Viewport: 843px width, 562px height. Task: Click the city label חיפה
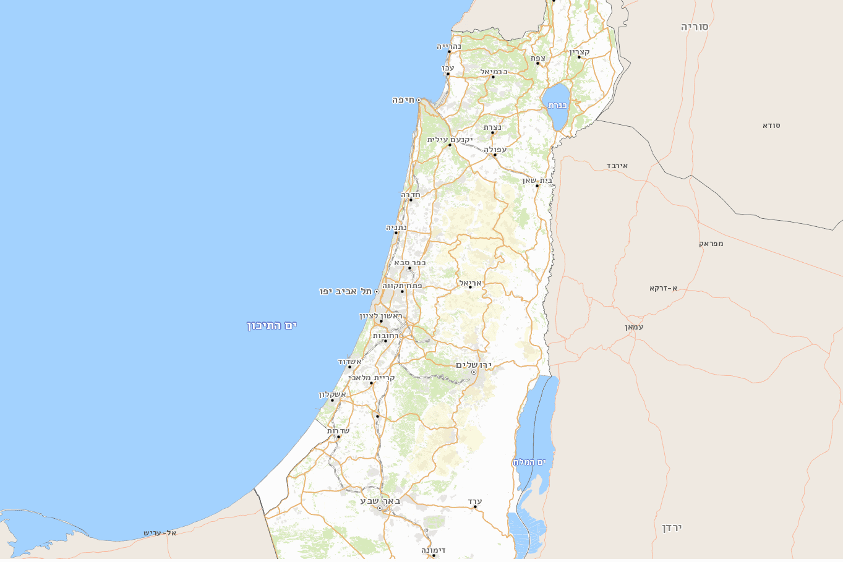(x=403, y=100)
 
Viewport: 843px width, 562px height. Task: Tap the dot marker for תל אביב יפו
(x=377, y=292)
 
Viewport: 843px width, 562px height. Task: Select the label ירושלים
(x=473, y=365)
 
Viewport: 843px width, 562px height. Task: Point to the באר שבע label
(x=380, y=501)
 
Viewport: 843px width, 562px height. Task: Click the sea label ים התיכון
(x=272, y=325)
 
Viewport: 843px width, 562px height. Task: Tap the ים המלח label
(x=529, y=462)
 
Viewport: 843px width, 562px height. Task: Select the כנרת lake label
(x=557, y=106)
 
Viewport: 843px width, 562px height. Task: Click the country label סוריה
(x=695, y=27)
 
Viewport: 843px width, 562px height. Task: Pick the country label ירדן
(x=672, y=527)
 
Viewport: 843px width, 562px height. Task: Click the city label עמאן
(x=634, y=326)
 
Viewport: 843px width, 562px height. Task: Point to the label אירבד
(x=617, y=166)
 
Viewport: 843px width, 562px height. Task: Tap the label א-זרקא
(x=663, y=288)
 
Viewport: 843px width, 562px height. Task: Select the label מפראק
(x=711, y=244)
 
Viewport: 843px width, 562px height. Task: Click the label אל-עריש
(x=160, y=533)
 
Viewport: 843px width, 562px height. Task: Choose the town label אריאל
(x=470, y=283)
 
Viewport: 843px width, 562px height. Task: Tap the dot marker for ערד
(x=475, y=507)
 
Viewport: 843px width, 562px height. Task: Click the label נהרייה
(x=449, y=46)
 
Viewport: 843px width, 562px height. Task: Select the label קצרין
(x=580, y=51)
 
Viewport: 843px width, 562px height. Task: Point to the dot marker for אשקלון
(x=332, y=400)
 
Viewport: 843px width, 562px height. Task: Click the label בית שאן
(x=537, y=180)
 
